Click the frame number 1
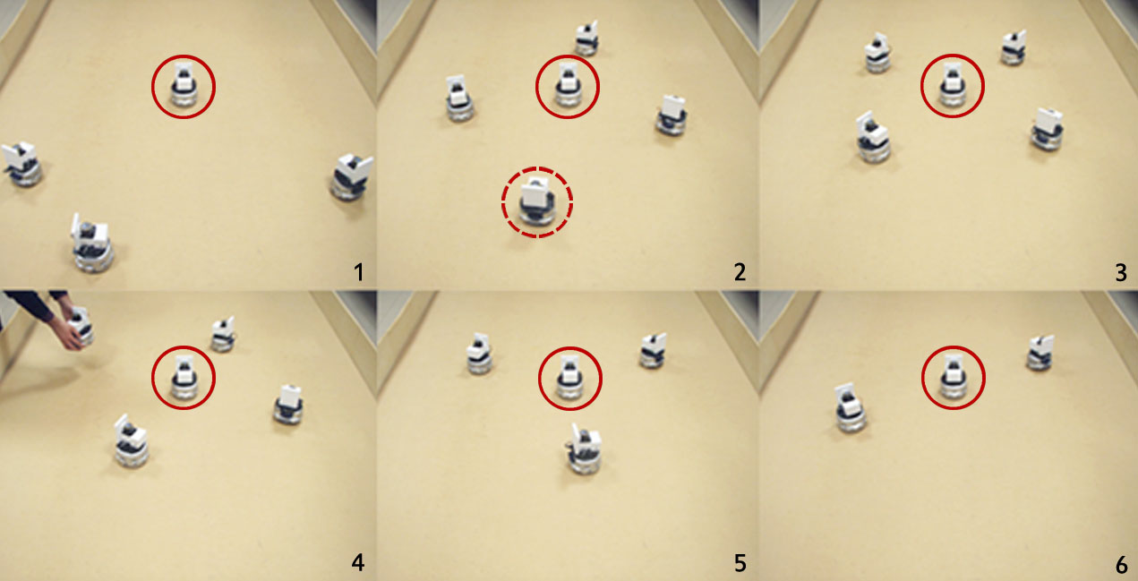pos(359,272)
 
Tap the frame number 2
pos(740,272)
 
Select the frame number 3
pos(1121,273)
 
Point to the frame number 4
pos(358,563)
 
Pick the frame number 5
pos(740,563)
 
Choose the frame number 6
pos(1121,564)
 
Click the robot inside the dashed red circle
pos(536,202)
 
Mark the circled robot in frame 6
pos(953,376)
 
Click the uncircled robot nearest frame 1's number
pos(92,243)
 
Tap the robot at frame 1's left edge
pos(21,165)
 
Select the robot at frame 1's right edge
pos(352,176)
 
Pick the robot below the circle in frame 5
pos(585,449)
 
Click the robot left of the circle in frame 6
pos(851,407)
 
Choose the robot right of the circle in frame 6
pos(1040,352)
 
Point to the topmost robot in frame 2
pos(586,38)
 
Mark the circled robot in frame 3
pos(952,84)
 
